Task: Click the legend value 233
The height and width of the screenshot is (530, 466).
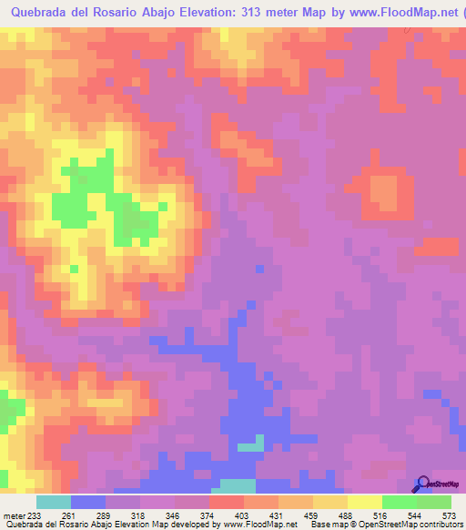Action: point(35,515)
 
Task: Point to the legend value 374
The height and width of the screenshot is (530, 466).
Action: point(208,515)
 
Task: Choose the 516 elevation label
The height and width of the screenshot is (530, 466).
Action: point(380,515)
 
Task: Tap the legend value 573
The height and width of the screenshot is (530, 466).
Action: point(450,515)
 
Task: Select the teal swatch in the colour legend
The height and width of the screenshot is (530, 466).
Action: point(54,502)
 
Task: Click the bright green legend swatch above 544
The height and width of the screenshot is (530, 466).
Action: point(399,502)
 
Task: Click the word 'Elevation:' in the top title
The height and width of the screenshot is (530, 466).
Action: point(194,13)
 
